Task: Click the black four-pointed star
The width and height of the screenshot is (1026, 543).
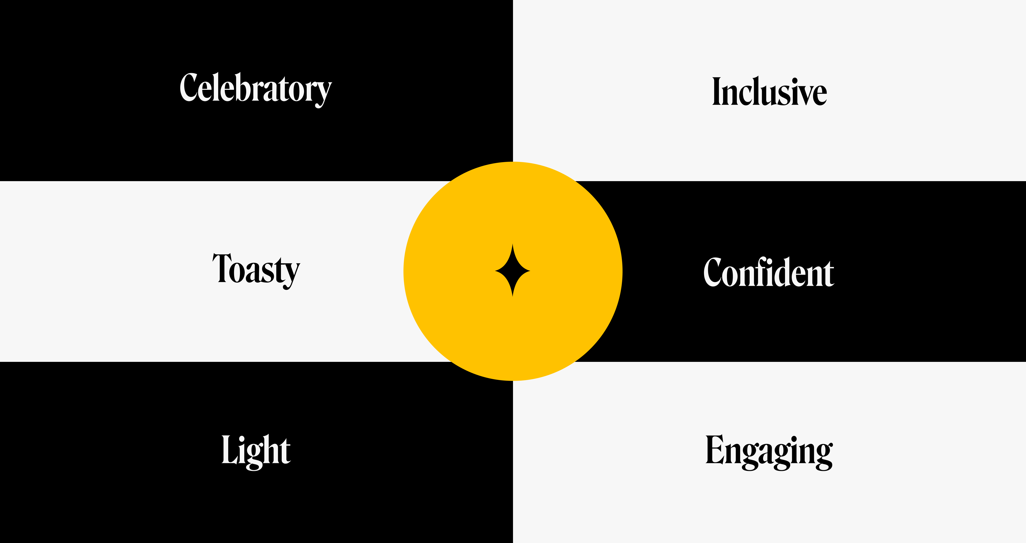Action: (513, 271)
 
